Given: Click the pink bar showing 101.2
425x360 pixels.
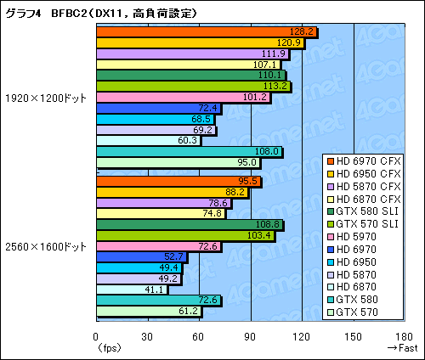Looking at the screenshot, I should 182,97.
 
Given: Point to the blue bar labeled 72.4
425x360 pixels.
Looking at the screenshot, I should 158,108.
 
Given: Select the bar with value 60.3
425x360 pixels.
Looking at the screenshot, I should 148,140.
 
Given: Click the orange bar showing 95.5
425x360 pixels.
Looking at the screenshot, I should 178,181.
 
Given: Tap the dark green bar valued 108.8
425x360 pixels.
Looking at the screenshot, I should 189,224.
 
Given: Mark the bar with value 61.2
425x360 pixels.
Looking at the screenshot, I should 149,312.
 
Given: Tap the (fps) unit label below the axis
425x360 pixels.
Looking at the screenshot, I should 108,348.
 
